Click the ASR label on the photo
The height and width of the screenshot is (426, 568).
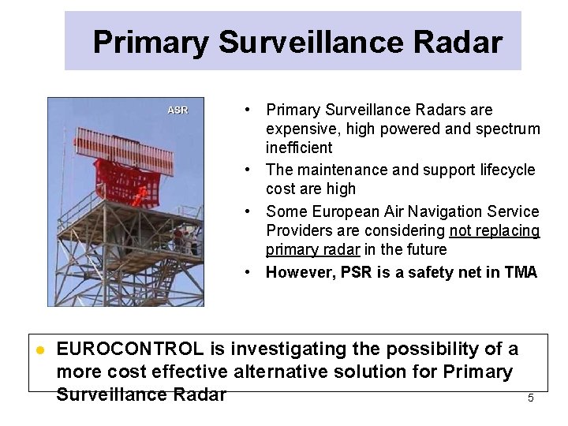pos(177,110)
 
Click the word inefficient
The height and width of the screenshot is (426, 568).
pos(299,148)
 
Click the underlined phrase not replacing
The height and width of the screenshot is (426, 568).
pos(495,230)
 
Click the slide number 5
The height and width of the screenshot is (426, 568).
pos(530,398)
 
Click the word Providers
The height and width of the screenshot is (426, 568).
pos(298,230)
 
